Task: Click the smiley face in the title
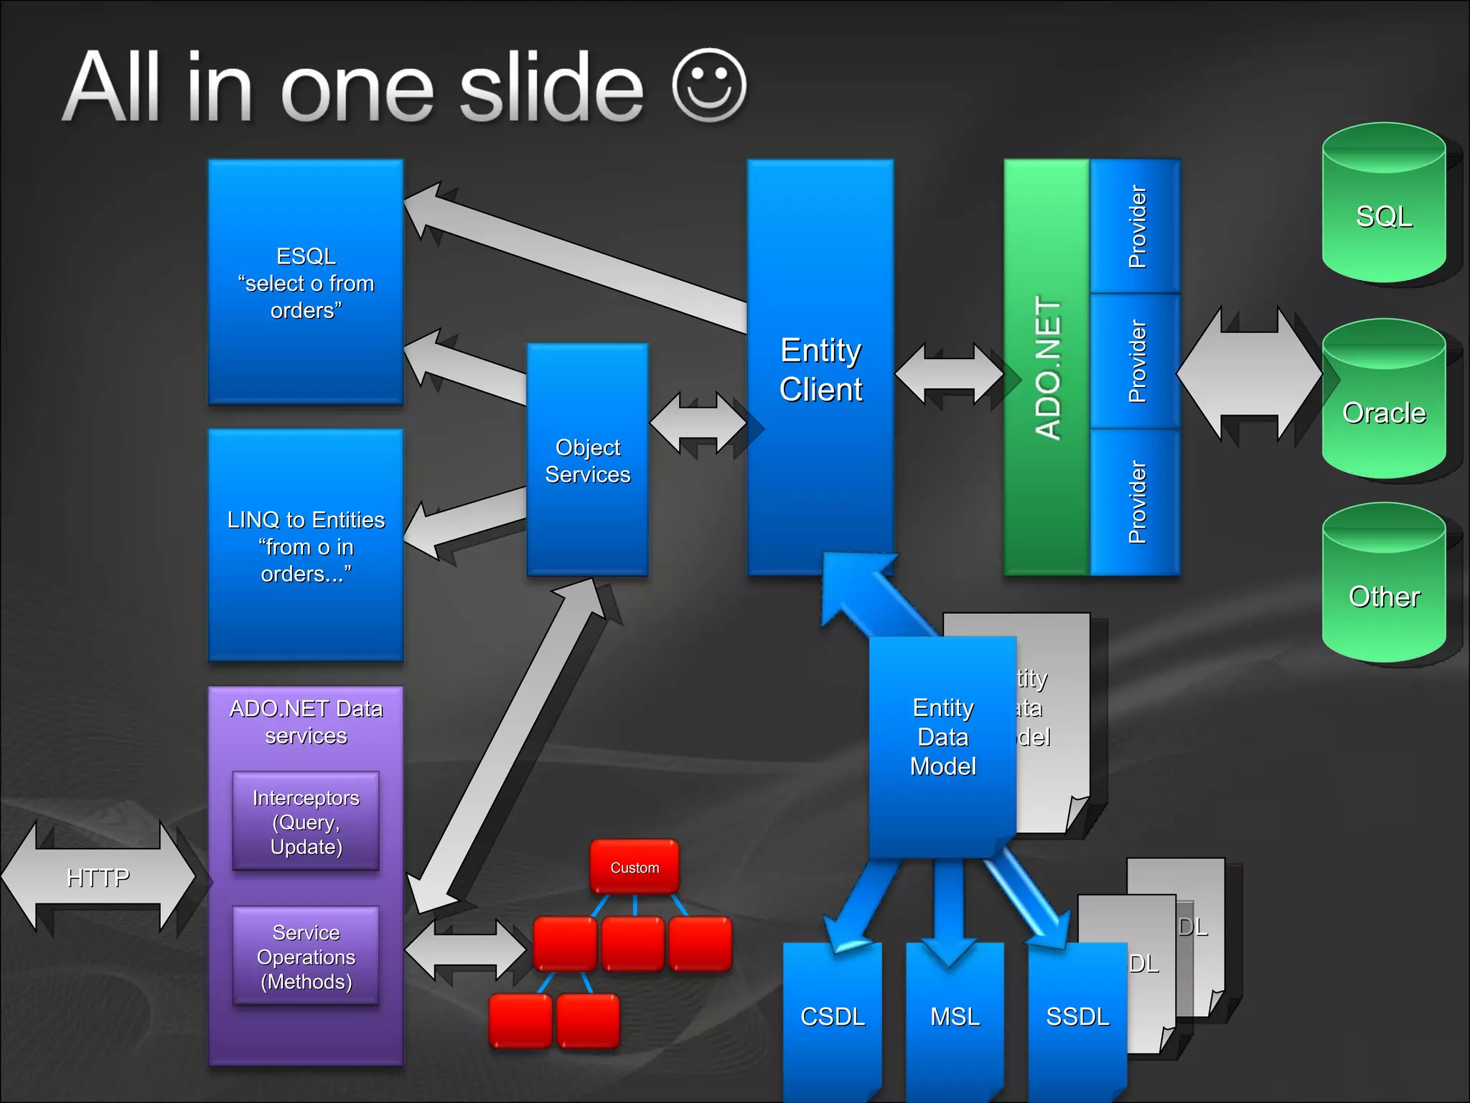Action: [x=709, y=85]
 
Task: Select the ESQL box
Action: [x=306, y=282]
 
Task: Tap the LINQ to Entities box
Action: [x=306, y=545]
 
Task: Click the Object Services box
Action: [x=587, y=460]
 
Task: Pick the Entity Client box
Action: [x=820, y=369]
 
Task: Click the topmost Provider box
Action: [x=1136, y=226]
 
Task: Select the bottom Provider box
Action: [x=1136, y=502]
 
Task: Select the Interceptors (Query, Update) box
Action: [x=306, y=822]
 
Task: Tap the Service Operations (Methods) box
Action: [x=306, y=957]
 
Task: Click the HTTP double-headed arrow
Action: [x=98, y=878]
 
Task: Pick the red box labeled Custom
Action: [x=635, y=867]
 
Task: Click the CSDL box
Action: [x=833, y=1017]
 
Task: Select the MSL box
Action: [x=955, y=1017]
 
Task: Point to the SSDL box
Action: [x=1077, y=1017]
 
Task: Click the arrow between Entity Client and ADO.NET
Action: [x=949, y=373]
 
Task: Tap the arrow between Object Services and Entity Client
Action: [x=698, y=424]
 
